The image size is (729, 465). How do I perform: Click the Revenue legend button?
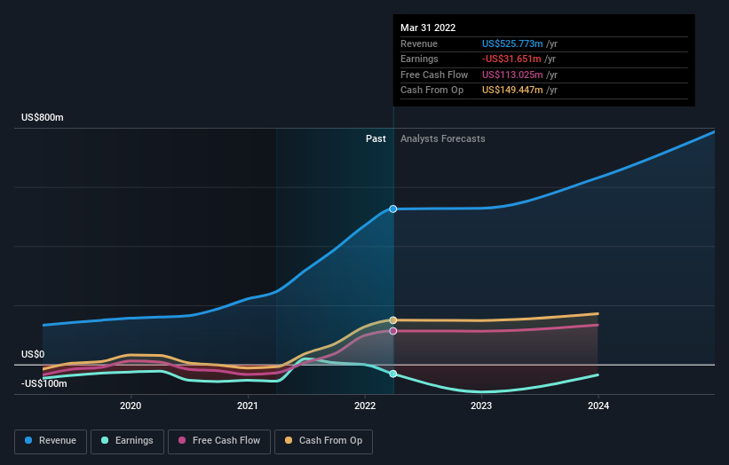[51, 440]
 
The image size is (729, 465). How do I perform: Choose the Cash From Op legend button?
[324, 440]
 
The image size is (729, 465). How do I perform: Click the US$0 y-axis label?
[33, 354]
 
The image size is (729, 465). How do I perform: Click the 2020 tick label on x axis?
[131, 406]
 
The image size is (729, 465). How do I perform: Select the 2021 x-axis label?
[248, 406]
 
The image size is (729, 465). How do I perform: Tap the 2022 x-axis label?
[364, 406]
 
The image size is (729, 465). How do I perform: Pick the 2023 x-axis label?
[481, 406]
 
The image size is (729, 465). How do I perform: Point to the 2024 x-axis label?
[598, 406]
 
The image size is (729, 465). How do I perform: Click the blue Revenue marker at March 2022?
[392, 209]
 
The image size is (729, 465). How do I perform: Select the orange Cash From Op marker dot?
[392, 320]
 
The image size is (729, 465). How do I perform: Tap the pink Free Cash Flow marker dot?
[392, 331]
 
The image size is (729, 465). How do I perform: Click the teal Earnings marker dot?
[392, 374]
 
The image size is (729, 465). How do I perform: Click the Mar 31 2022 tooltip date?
[428, 28]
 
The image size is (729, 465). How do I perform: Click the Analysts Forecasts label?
[443, 138]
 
